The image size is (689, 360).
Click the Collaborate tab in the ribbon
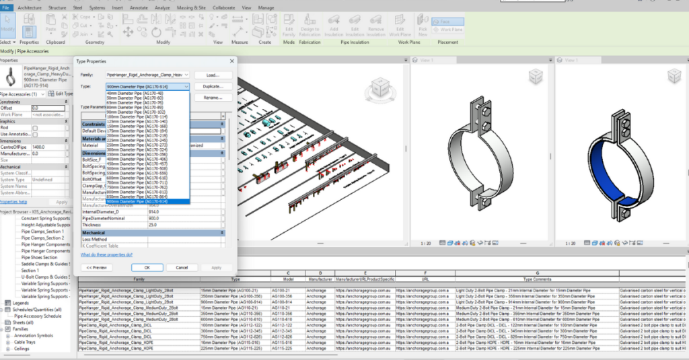pos(223,7)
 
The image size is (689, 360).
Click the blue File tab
pos(6,7)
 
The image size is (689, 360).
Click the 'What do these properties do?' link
pos(106,255)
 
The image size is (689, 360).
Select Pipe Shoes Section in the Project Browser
pos(39,257)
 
